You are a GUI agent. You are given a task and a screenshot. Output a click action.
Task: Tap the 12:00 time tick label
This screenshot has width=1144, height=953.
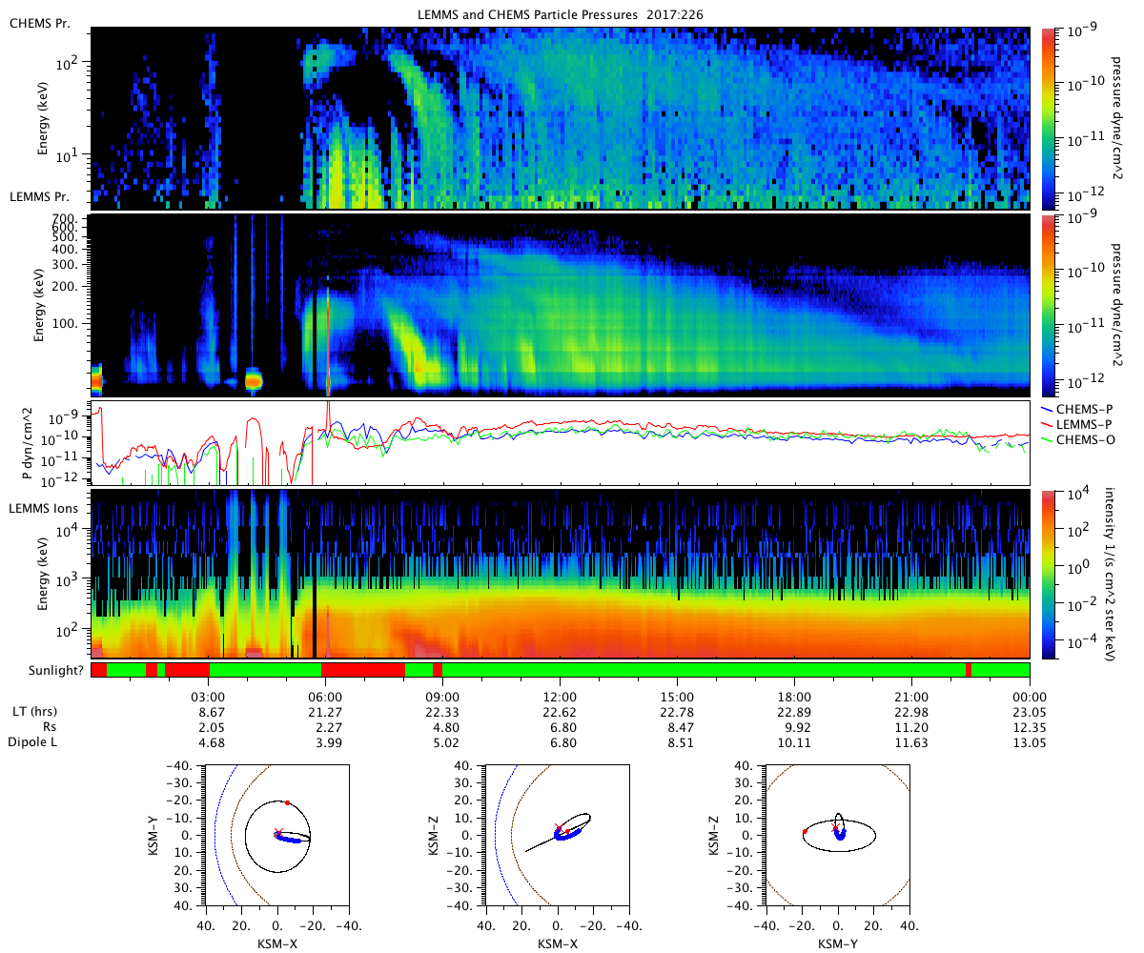point(560,696)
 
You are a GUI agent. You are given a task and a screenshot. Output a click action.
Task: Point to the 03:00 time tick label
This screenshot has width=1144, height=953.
point(208,696)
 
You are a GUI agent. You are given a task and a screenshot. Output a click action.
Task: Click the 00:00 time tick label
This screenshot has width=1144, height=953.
point(1030,696)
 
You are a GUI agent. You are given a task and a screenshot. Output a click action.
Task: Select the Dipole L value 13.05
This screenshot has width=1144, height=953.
point(1030,742)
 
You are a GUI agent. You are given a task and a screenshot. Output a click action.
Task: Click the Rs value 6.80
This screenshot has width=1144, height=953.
point(560,727)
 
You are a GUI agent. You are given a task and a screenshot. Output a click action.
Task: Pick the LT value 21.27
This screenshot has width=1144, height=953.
point(325,712)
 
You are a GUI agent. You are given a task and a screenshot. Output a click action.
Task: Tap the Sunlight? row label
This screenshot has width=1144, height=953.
point(47,671)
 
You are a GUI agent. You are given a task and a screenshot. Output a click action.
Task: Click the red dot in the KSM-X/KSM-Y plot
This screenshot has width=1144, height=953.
point(287,803)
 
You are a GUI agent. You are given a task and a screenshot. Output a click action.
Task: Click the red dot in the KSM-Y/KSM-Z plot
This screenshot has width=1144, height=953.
point(805,831)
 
